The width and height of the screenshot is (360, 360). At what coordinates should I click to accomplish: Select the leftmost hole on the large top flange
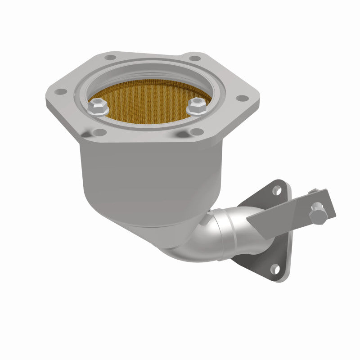(x=58, y=92)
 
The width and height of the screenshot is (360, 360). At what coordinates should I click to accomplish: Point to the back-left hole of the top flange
(x=109, y=58)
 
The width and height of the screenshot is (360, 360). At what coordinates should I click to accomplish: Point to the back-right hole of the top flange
(x=193, y=58)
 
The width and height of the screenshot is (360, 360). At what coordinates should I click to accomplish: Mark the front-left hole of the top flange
(x=98, y=132)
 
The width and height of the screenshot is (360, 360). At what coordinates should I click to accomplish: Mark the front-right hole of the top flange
(x=194, y=131)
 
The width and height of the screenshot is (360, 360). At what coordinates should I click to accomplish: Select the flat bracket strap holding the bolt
(x=288, y=211)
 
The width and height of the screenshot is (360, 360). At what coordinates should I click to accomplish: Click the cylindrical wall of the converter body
(x=148, y=180)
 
